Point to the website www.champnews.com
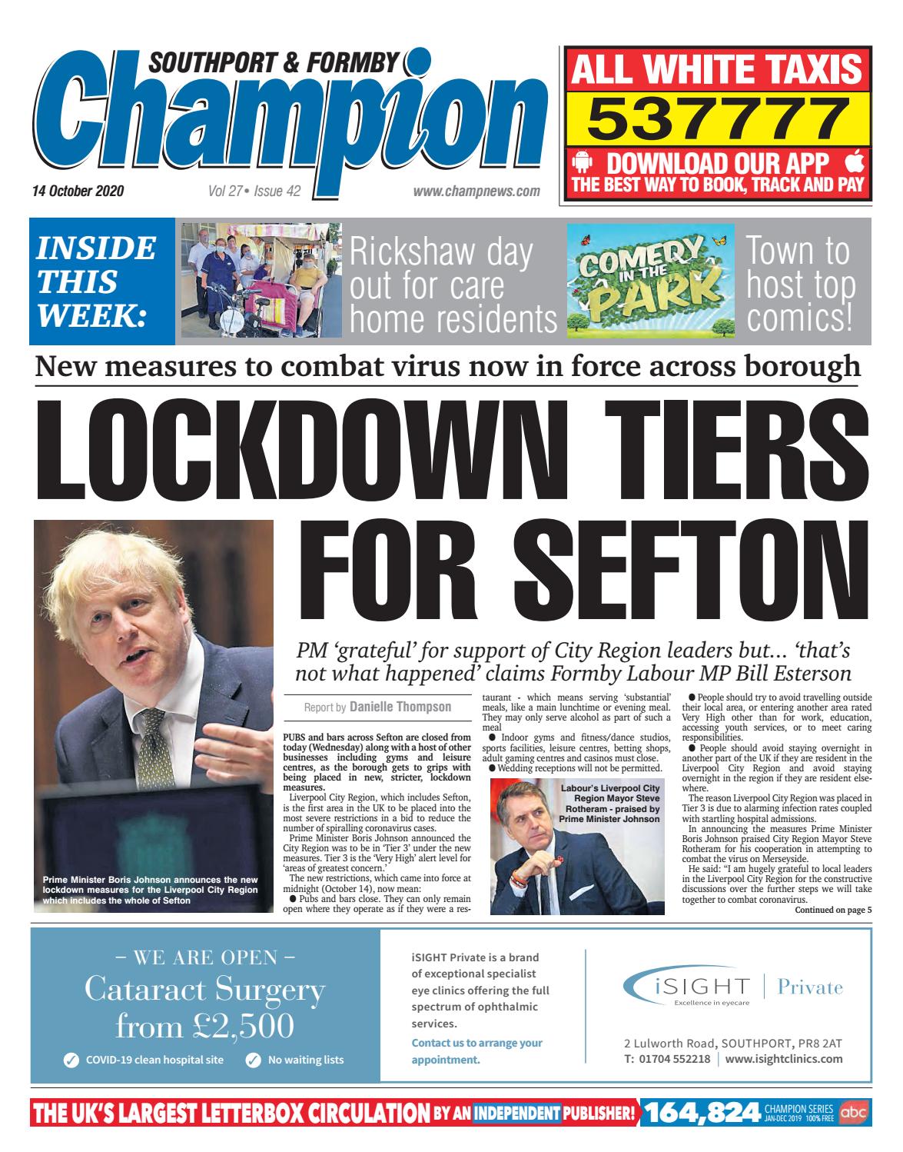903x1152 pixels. point(476,191)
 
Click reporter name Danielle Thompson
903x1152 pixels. point(400,707)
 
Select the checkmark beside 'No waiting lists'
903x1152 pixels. point(253,1060)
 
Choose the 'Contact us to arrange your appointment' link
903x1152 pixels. point(476,1051)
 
